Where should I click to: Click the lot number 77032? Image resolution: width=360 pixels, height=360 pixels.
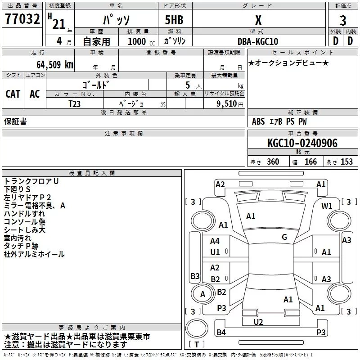(x=22, y=20)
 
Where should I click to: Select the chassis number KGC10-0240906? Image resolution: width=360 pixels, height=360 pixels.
(x=302, y=143)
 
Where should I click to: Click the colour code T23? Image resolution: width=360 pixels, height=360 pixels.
(x=75, y=103)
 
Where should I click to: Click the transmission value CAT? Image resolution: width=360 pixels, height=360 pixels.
(x=13, y=94)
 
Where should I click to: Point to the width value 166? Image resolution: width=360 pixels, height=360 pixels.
(x=310, y=162)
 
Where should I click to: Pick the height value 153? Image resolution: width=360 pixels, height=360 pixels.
(x=346, y=162)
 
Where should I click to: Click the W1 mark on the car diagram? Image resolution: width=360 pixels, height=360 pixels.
(x=327, y=206)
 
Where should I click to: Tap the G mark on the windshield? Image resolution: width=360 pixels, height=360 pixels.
(x=284, y=237)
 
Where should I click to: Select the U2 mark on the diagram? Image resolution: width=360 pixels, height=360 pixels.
(x=258, y=321)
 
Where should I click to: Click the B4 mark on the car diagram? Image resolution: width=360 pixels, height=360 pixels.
(x=221, y=333)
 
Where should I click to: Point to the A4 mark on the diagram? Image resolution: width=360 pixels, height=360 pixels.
(x=215, y=241)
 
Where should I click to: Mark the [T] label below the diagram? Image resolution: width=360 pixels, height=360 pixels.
(x=197, y=345)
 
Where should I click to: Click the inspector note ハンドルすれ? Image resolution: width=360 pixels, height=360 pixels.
(x=24, y=214)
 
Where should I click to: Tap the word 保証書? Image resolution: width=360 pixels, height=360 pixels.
(x=15, y=121)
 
